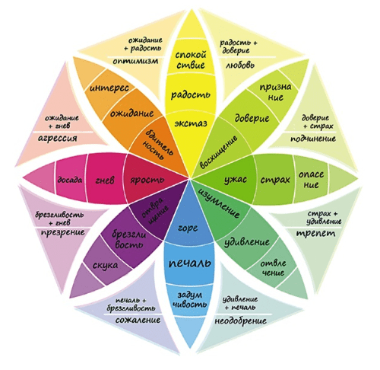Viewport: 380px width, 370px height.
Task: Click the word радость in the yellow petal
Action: pyautogui.click(x=191, y=94)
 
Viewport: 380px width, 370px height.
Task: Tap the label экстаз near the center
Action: pyautogui.click(x=191, y=123)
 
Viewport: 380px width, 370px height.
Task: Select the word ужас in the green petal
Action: pyautogui.click(x=236, y=180)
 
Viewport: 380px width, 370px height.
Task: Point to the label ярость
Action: pyautogui.click(x=147, y=180)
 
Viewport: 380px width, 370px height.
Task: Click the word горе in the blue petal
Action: pyautogui.click(x=188, y=228)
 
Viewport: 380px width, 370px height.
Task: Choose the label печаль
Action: pyautogui.click(x=190, y=263)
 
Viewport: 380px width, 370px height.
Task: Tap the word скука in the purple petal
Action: pyautogui.click(x=105, y=266)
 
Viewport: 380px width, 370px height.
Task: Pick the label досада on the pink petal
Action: pyautogui.click(x=70, y=180)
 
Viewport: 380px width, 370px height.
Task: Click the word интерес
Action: pyautogui.click(x=109, y=88)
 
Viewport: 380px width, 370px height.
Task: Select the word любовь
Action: pyautogui.click(x=240, y=65)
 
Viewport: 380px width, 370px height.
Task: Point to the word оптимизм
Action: pyautogui.click(x=135, y=61)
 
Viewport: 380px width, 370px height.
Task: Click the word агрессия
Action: pyautogui.click(x=57, y=139)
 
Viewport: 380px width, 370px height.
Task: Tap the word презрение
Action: pyautogui.click(x=63, y=232)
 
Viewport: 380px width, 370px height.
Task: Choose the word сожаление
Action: pyautogui.click(x=138, y=320)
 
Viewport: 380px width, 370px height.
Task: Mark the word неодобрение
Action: pyautogui.click(x=241, y=321)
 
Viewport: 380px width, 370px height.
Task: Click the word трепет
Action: pyautogui.click(x=315, y=234)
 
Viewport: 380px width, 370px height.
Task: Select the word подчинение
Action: pyautogui.click(x=313, y=139)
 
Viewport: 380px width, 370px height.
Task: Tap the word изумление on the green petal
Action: pyautogui.click(x=218, y=203)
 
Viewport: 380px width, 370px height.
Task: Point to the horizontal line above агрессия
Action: pyautogui.click(x=63, y=132)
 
